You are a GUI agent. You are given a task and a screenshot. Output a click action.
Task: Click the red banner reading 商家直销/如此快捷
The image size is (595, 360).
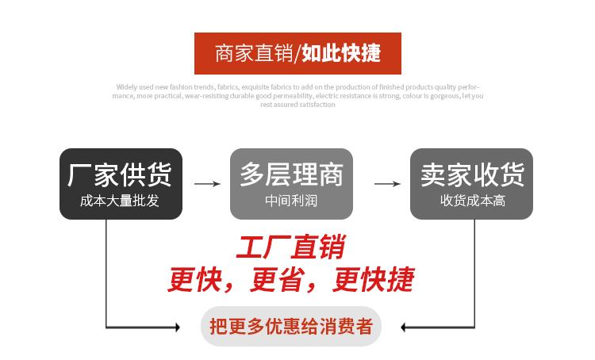click(297, 53)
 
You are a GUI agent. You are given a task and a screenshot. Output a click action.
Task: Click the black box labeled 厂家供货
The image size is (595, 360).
click(121, 183)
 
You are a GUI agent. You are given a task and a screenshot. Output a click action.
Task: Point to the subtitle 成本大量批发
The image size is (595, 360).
click(120, 201)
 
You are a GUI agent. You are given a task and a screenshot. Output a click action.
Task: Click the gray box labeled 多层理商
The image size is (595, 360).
click(291, 183)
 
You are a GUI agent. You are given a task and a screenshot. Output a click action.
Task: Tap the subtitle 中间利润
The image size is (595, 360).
click(291, 201)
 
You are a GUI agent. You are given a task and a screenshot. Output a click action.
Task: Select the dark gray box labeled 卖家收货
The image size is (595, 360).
click(471, 183)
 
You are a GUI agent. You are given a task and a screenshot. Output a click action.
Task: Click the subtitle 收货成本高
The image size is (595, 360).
click(472, 201)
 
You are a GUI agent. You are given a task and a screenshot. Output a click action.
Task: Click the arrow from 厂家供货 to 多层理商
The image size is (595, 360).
click(206, 184)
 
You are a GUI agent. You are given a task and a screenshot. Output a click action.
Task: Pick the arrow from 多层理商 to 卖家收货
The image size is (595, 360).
click(386, 184)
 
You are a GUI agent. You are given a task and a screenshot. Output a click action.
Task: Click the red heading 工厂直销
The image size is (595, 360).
click(290, 247)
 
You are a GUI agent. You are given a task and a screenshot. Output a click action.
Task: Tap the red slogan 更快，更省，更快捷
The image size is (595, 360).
click(290, 279)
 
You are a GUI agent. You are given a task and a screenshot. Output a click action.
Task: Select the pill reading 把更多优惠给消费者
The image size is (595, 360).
click(291, 326)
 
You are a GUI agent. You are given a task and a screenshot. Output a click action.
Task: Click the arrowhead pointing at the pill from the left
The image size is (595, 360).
click(177, 327)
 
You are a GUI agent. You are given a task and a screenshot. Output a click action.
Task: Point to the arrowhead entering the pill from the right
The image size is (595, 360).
click(405, 327)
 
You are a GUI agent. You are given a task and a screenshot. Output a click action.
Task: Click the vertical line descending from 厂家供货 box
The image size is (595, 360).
click(106, 270)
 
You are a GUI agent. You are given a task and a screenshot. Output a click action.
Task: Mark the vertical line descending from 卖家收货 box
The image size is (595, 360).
click(474, 270)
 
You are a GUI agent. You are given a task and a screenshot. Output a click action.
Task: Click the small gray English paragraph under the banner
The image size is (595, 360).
click(297, 95)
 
